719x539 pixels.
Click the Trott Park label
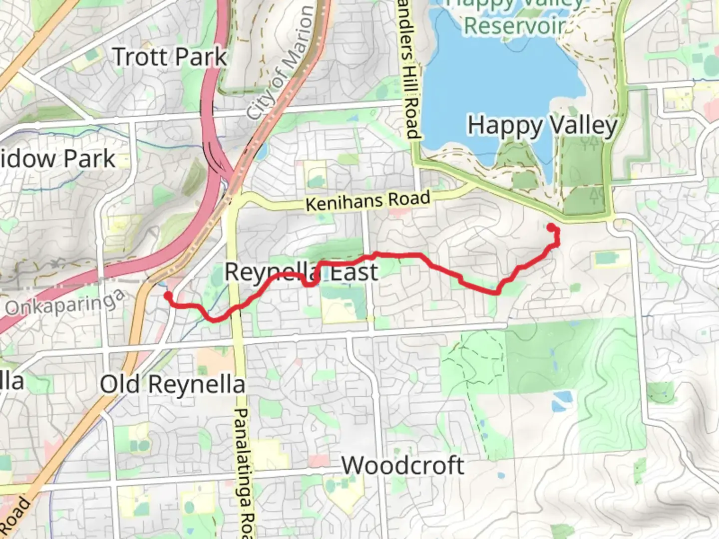(170, 57)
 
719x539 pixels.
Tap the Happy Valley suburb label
(542, 126)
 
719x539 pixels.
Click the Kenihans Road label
(367, 201)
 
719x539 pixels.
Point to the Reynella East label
(301, 272)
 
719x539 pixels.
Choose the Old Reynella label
(172, 385)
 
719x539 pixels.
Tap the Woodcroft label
(402, 466)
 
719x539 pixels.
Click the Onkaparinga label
(65, 302)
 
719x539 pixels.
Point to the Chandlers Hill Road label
(410, 70)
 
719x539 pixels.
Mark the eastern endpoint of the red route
(551, 228)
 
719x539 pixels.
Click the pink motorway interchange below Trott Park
(219, 165)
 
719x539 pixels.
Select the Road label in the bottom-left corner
(15, 514)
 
